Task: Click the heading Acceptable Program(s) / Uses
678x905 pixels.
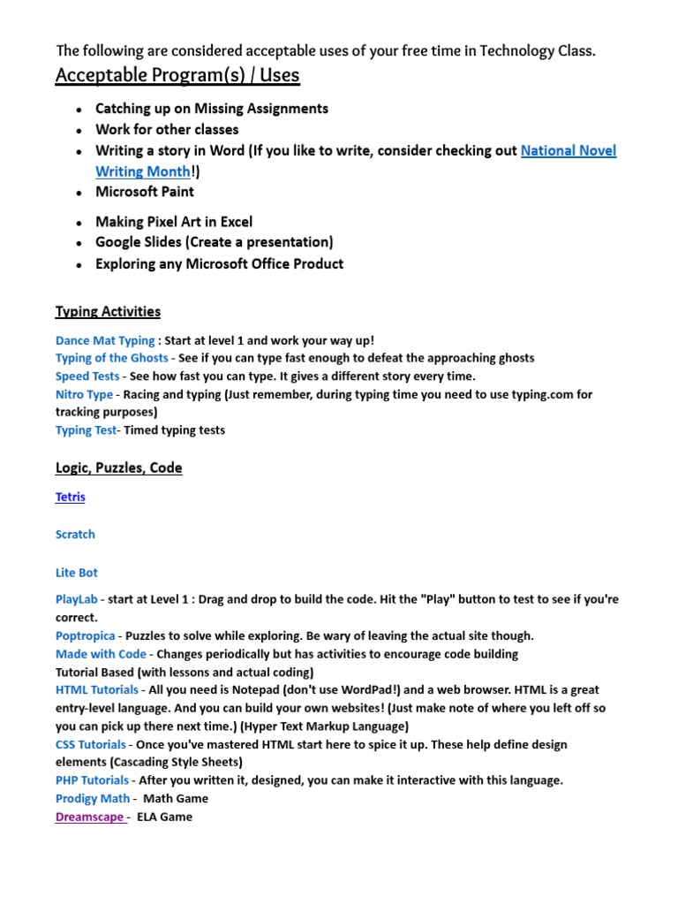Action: click(177, 76)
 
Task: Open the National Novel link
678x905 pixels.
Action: click(568, 150)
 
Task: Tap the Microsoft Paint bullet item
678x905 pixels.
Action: click(145, 192)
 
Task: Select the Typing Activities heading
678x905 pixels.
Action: click(108, 311)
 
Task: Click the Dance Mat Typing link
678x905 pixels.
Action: click(104, 340)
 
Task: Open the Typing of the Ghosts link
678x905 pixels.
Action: click(111, 358)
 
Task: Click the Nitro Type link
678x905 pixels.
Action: click(84, 394)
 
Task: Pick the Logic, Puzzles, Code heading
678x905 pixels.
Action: click(118, 468)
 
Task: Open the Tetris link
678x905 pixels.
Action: click(71, 497)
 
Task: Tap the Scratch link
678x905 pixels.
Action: click(75, 535)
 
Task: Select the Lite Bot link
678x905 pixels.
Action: click(77, 573)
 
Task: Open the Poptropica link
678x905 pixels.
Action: click(85, 635)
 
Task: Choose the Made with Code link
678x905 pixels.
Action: click(100, 654)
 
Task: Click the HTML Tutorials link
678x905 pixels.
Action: click(96, 689)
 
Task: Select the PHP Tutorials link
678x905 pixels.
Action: click(92, 780)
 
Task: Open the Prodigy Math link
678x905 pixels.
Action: click(92, 799)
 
